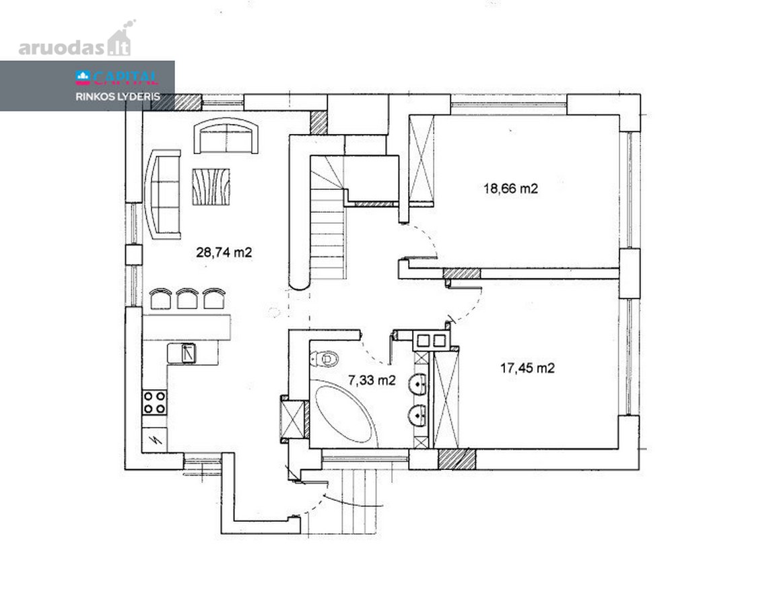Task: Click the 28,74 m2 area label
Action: [x=224, y=252]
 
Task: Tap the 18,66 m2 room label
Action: [x=510, y=189]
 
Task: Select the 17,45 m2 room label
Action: [x=527, y=368]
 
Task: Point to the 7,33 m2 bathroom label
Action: [x=372, y=380]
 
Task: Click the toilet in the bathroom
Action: [x=324, y=358]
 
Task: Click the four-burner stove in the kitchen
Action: [x=154, y=402]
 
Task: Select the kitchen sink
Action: [x=189, y=353]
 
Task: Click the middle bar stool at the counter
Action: [x=187, y=299]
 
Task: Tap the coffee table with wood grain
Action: [x=211, y=187]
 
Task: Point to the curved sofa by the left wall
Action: [x=162, y=195]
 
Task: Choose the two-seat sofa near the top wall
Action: [x=226, y=136]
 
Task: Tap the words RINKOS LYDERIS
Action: [x=118, y=96]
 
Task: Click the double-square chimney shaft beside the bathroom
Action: [x=431, y=341]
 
